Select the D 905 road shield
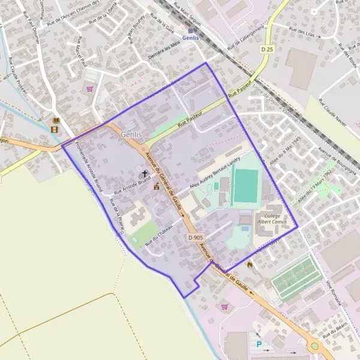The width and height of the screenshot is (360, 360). [195, 238]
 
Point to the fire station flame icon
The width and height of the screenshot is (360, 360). [250, 263]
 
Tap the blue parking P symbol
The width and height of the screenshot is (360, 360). [259, 344]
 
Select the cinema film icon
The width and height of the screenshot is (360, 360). [55, 128]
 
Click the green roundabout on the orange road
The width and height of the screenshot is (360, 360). [314, 347]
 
